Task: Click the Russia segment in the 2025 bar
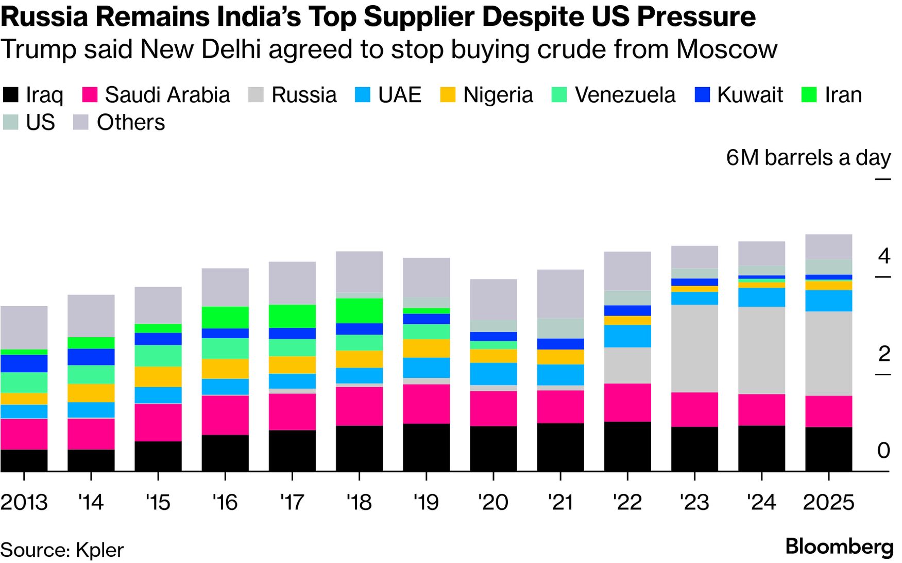(828, 353)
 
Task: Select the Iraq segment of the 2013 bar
(24, 460)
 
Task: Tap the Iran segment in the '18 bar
(359, 310)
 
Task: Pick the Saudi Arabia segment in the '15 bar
(158, 422)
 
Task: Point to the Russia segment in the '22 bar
(627, 365)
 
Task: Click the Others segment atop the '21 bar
(560, 293)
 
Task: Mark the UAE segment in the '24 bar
(761, 297)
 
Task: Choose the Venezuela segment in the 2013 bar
(24, 382)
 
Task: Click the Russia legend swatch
(256, 95)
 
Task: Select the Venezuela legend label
(625, 95)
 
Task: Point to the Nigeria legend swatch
(448, 95)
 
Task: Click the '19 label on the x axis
(426, 502)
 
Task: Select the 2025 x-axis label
(828, 502)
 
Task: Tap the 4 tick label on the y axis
(884, 256)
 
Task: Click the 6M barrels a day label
(808, 158)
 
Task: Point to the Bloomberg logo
(839, 547)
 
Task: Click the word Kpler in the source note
(99, 550)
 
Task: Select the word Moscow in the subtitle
(726, 49)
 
